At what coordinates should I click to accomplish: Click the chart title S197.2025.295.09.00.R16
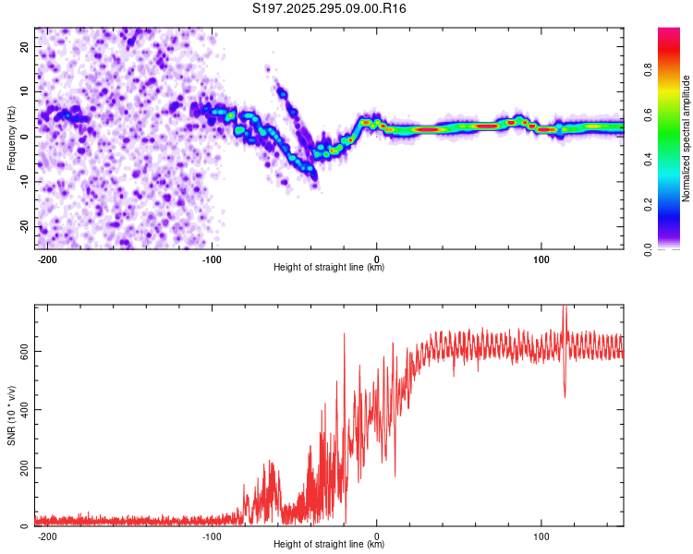click(330, 9)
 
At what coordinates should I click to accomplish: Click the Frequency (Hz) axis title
click(11, 138)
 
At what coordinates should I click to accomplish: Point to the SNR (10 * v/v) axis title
click(11, 415)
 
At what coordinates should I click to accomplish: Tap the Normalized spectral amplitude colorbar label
click(687, 138)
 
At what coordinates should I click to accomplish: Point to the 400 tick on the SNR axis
click(22, 409)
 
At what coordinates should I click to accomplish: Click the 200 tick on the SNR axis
click(22, 468)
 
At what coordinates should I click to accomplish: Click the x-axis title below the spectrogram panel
click(329, 268)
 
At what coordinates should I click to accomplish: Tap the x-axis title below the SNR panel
click(329, 545)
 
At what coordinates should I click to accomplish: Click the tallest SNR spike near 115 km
click(565, 310)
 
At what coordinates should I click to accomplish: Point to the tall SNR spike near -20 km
click(345, 335)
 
